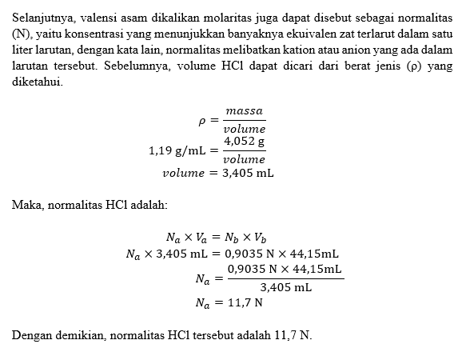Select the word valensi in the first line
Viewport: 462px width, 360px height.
(104, 19)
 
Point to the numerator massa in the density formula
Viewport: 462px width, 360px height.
(245, 110)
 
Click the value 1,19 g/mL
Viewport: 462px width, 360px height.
(177, 150)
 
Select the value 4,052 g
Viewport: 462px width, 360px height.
(245, 141)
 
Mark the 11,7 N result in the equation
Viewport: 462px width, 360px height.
(244, 303)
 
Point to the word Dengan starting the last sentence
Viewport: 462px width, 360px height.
(31, 334)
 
